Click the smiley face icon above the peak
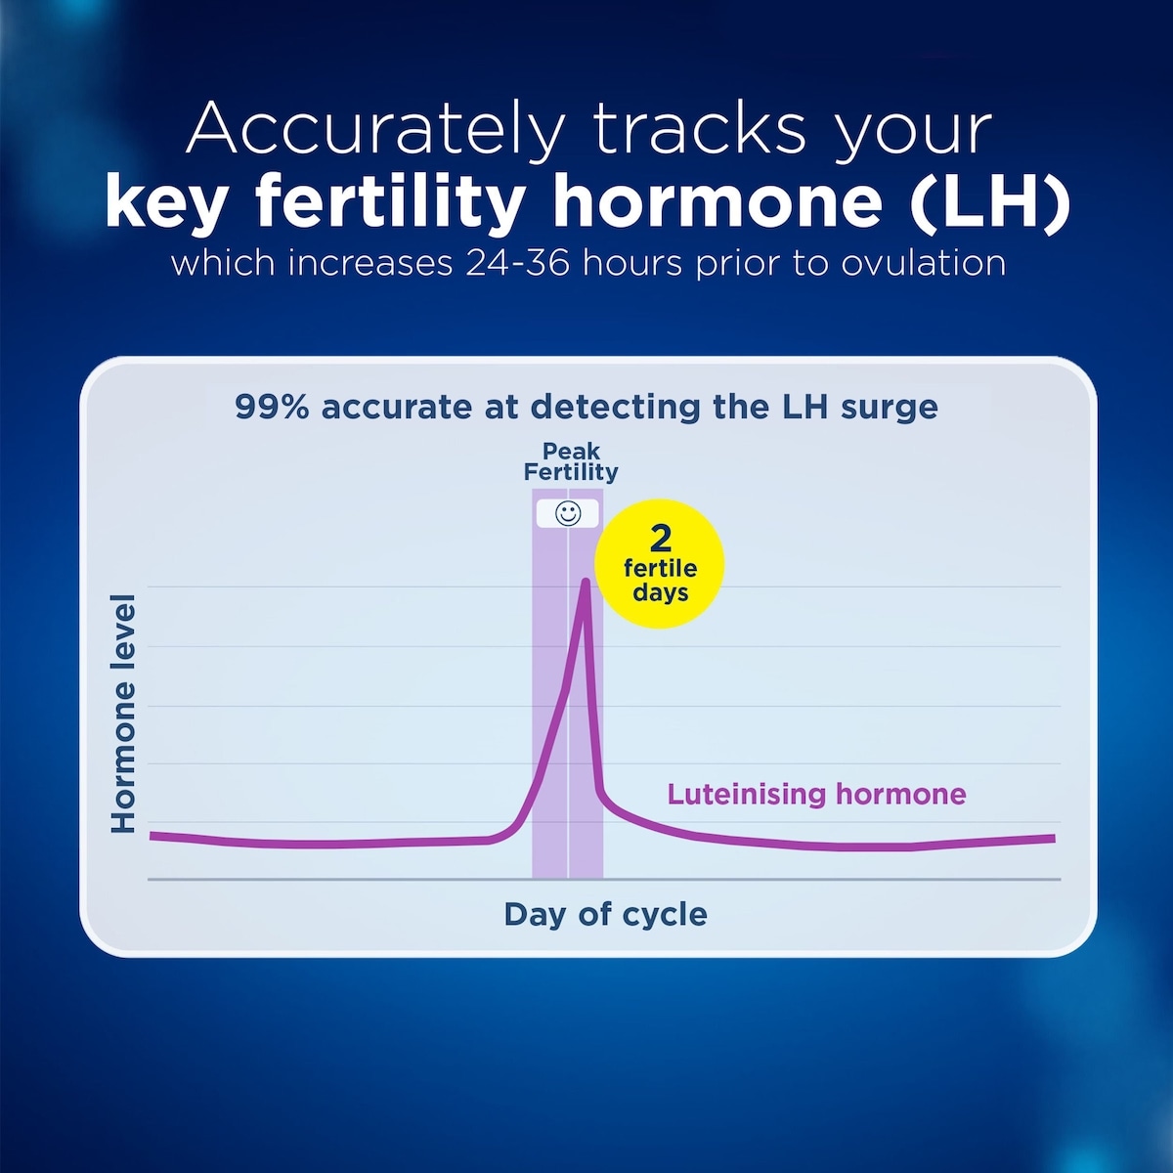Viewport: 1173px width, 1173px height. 568,513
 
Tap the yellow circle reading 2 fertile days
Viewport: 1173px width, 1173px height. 661,565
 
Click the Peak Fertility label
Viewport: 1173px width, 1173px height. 571,462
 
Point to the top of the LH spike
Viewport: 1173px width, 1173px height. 586,583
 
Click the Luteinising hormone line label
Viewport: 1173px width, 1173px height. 816,794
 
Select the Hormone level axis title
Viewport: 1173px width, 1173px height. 123,714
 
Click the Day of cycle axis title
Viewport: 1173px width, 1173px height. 605,914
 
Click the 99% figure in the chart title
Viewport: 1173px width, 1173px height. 272,407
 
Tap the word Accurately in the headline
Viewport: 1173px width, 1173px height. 376,129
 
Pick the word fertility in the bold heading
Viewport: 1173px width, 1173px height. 390,202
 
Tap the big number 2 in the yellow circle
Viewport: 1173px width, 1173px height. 661,539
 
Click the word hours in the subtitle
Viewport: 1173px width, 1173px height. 629,264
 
